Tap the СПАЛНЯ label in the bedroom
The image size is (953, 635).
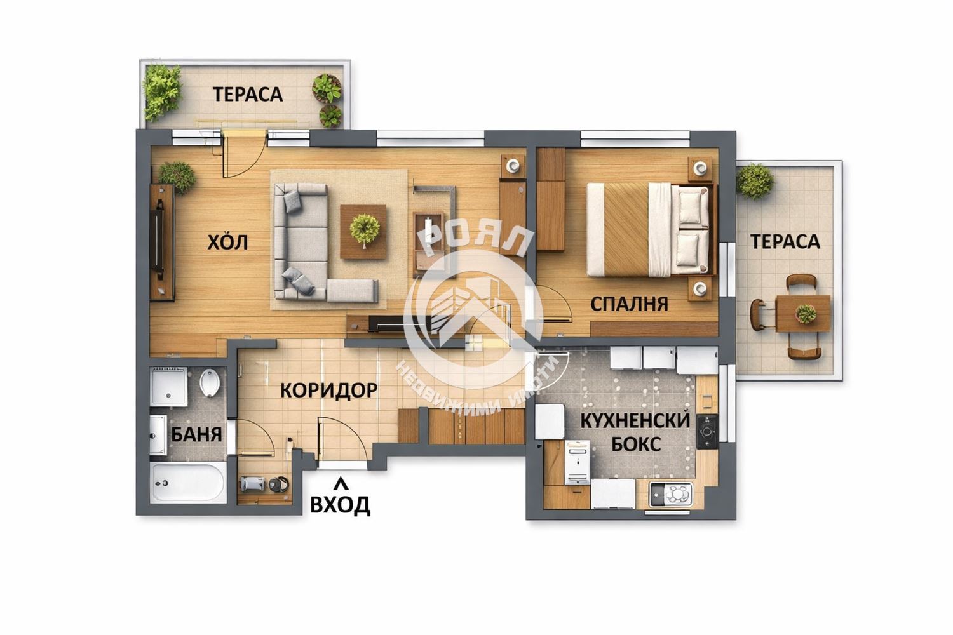629,304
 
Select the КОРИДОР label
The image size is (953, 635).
329,390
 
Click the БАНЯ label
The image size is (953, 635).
196,434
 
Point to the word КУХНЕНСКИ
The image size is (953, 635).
635,421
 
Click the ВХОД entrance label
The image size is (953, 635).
340,505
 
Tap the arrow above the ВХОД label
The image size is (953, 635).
341,483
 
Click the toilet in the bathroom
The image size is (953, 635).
210,382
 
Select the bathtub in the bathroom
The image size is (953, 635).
187,483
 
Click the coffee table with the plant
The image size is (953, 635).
363,232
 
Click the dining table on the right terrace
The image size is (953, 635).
803,314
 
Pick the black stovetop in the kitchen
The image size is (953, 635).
707,432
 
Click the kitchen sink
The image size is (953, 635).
670,494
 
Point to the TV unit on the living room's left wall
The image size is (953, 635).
162,243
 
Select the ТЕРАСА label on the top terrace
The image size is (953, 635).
248,95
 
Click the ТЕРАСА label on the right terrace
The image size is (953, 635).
785,241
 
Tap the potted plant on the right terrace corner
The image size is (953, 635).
755,181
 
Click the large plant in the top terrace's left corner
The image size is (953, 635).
161,91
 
